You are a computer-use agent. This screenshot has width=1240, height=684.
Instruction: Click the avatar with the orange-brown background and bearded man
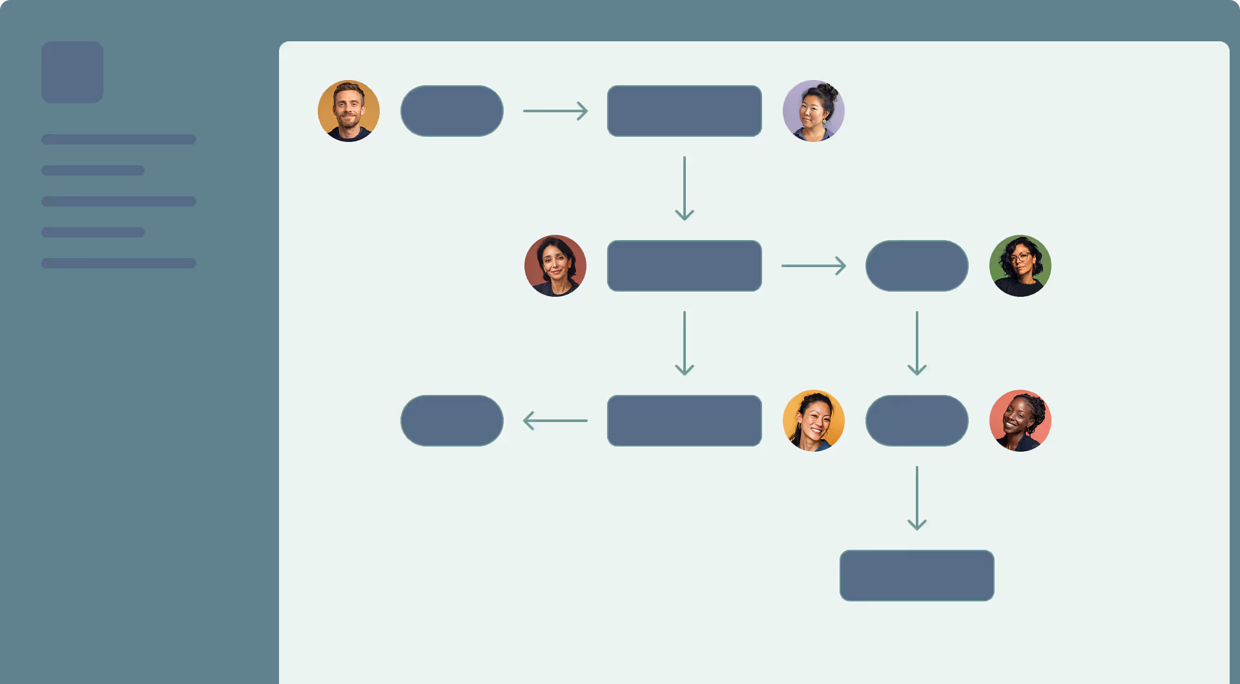[x=349, y=111]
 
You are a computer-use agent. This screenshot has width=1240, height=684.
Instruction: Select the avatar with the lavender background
[x=814, y=111]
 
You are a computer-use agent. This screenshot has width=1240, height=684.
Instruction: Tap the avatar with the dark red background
[x=555, y=266]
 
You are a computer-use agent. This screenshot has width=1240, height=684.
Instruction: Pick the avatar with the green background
[x=1020, y=266]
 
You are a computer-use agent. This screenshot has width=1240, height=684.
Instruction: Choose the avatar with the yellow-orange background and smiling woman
[x=814, y=421]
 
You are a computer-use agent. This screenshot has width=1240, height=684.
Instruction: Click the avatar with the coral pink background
[x=1020, y=421]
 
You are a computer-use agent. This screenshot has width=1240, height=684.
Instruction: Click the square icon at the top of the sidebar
[x=72, y=72]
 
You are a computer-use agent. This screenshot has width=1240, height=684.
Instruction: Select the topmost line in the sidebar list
[x=119, y=139]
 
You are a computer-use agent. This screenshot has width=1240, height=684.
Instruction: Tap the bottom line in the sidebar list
[x=119, y=263]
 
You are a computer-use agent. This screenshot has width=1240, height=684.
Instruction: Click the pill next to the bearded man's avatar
[x=452, y=111]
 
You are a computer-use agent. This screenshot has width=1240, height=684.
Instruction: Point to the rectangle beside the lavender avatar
[x=685, y=111]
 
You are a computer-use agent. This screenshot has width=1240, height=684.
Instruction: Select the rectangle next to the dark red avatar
[x=685, y=266]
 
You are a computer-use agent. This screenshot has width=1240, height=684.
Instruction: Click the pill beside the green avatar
[x=917, y=266]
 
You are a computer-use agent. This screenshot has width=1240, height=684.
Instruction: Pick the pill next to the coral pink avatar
[x=917, y=421]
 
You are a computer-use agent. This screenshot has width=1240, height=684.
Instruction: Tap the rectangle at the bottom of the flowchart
[x=917, y=576]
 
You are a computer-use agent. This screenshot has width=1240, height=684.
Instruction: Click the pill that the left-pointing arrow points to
[x=452, y=421]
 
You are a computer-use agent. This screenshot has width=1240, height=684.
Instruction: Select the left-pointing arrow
[x=555, y=421]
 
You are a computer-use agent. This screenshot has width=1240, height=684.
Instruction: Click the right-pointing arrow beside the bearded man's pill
[x=555, y=111]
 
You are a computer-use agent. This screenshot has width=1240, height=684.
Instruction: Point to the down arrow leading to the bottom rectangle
[x=917, y=498]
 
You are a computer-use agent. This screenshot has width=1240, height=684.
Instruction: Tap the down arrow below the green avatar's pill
[x=917, y=343]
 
